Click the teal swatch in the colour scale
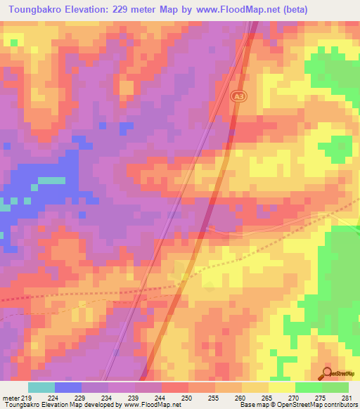pyautogui.click(x=41, y=387)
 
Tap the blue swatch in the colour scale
pyautogui.click(x=68, y=387)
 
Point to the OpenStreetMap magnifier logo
pyautogui.click(x=327, y=373)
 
